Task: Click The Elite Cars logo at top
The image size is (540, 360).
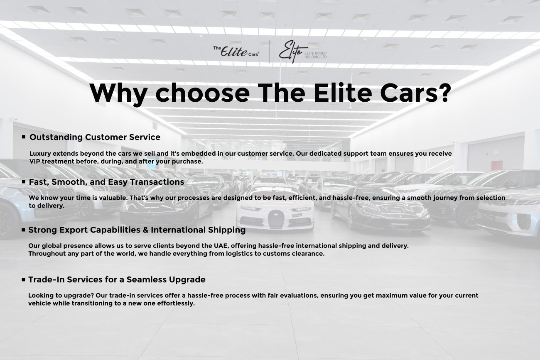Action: [x=236, y=51]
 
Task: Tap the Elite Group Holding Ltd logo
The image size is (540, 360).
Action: [x=303, y=52]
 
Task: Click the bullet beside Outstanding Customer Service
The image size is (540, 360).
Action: [x=24, y=137]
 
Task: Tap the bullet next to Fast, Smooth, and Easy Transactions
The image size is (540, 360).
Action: [x=23, y=182]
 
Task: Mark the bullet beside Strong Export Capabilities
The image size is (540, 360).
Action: [x=23, y=230]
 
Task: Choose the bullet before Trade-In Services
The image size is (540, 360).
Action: [x=23, y=279]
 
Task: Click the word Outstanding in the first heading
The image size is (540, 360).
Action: [x=56, y=137]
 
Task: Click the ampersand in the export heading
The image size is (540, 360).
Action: [x=145, y=230]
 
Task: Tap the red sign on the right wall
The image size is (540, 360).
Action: [x=497, y=165]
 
